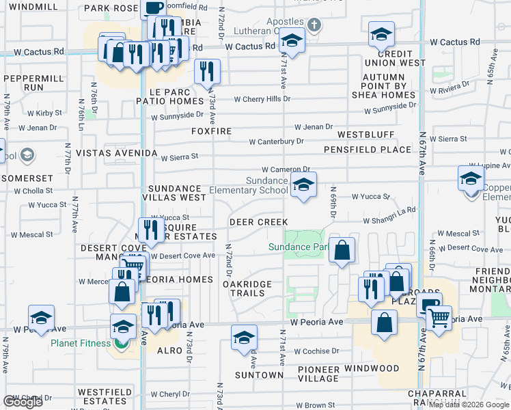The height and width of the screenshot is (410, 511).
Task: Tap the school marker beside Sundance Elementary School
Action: pyautogui.click(x=303, y=184)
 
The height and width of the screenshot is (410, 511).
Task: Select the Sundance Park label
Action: pyautogui.click(x=299, y=247)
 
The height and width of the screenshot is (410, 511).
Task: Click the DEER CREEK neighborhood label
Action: pyautogui.click(x=258, y=222)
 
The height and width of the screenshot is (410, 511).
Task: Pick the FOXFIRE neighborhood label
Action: pyautogui.click(x=212, y=131)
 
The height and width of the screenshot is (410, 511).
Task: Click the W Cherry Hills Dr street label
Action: pyautogui.click(x=262, y=99)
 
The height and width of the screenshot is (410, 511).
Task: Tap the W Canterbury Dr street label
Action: pyautogui.click(x=276, y=141)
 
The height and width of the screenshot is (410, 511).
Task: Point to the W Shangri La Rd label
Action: pyautogui.click(x=389, y=220)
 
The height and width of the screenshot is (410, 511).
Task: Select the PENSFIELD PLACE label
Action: pyautogui.click(x=368, y=149)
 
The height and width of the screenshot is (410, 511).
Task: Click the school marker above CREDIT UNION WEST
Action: pyautogui.click(x=381, y=34)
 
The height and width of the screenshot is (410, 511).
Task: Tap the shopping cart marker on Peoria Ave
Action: pyautogui.click(x=438, y=316)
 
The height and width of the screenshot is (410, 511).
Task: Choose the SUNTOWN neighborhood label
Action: pyautogui.click(x=259, y=375)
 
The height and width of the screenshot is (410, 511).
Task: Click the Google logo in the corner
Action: pyautogui.click(x=23, y=402)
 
